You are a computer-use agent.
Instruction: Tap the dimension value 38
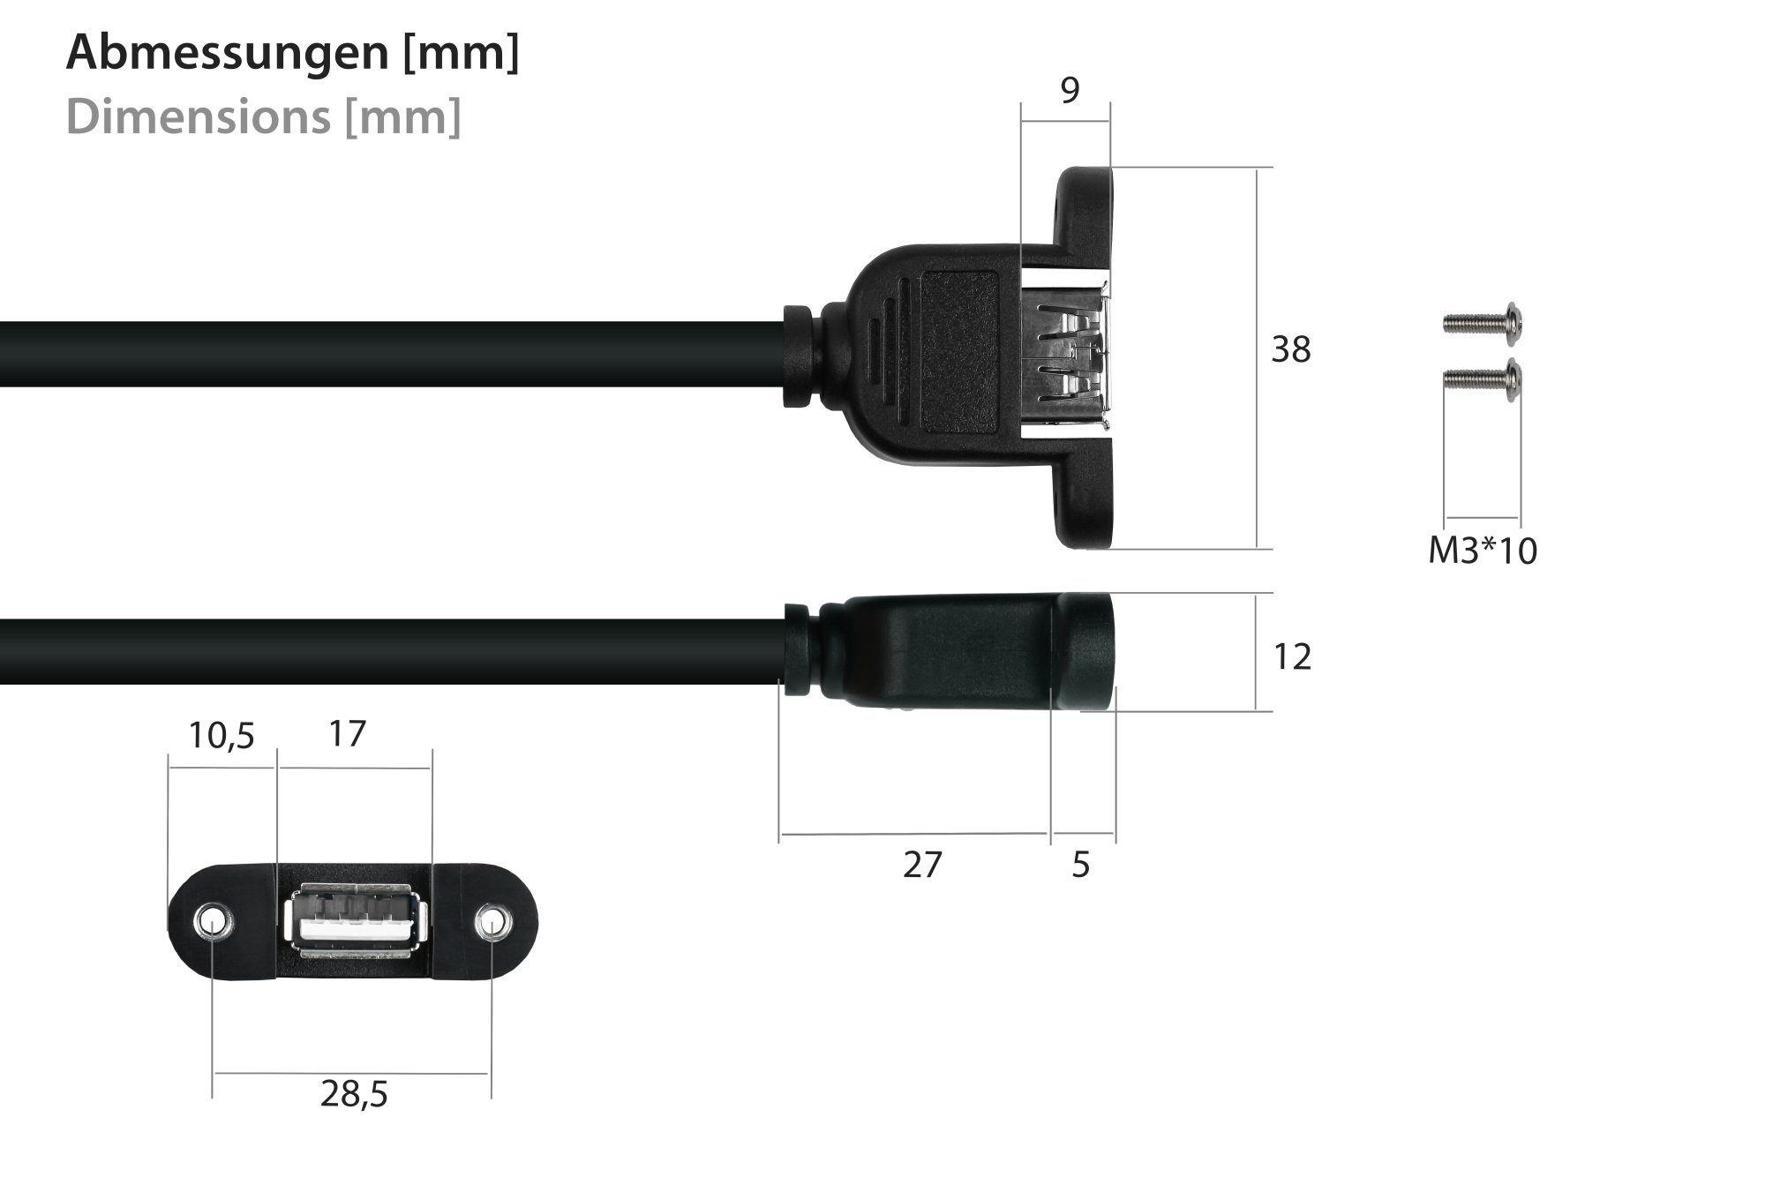[1290, 351]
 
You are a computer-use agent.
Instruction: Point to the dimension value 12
[1292, 657]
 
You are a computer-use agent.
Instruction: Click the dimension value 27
[922, 866]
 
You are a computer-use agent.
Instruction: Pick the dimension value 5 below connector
[1081, 866]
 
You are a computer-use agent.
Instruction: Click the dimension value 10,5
[221, 735]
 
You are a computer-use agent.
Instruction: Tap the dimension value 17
[347, 733]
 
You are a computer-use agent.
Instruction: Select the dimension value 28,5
[354, 1096]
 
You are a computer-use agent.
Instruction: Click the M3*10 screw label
[1483, 551]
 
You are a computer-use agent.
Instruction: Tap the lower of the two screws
[1481, 381]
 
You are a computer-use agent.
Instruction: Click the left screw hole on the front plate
[213, 923]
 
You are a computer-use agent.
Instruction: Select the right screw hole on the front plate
[492, 923]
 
